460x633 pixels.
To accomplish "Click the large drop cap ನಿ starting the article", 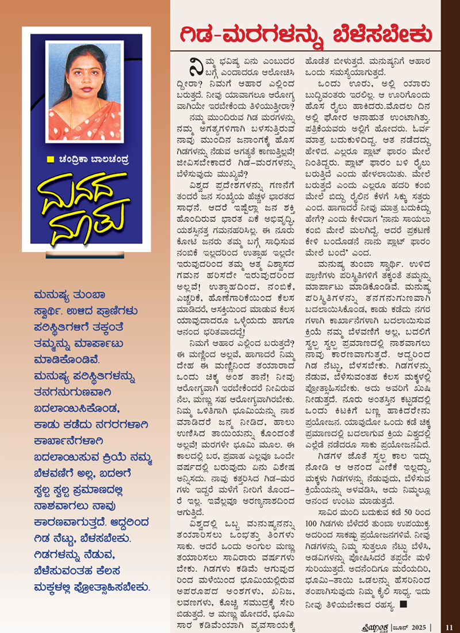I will tap(187, 65).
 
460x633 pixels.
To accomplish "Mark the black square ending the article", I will tap(404, 605).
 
